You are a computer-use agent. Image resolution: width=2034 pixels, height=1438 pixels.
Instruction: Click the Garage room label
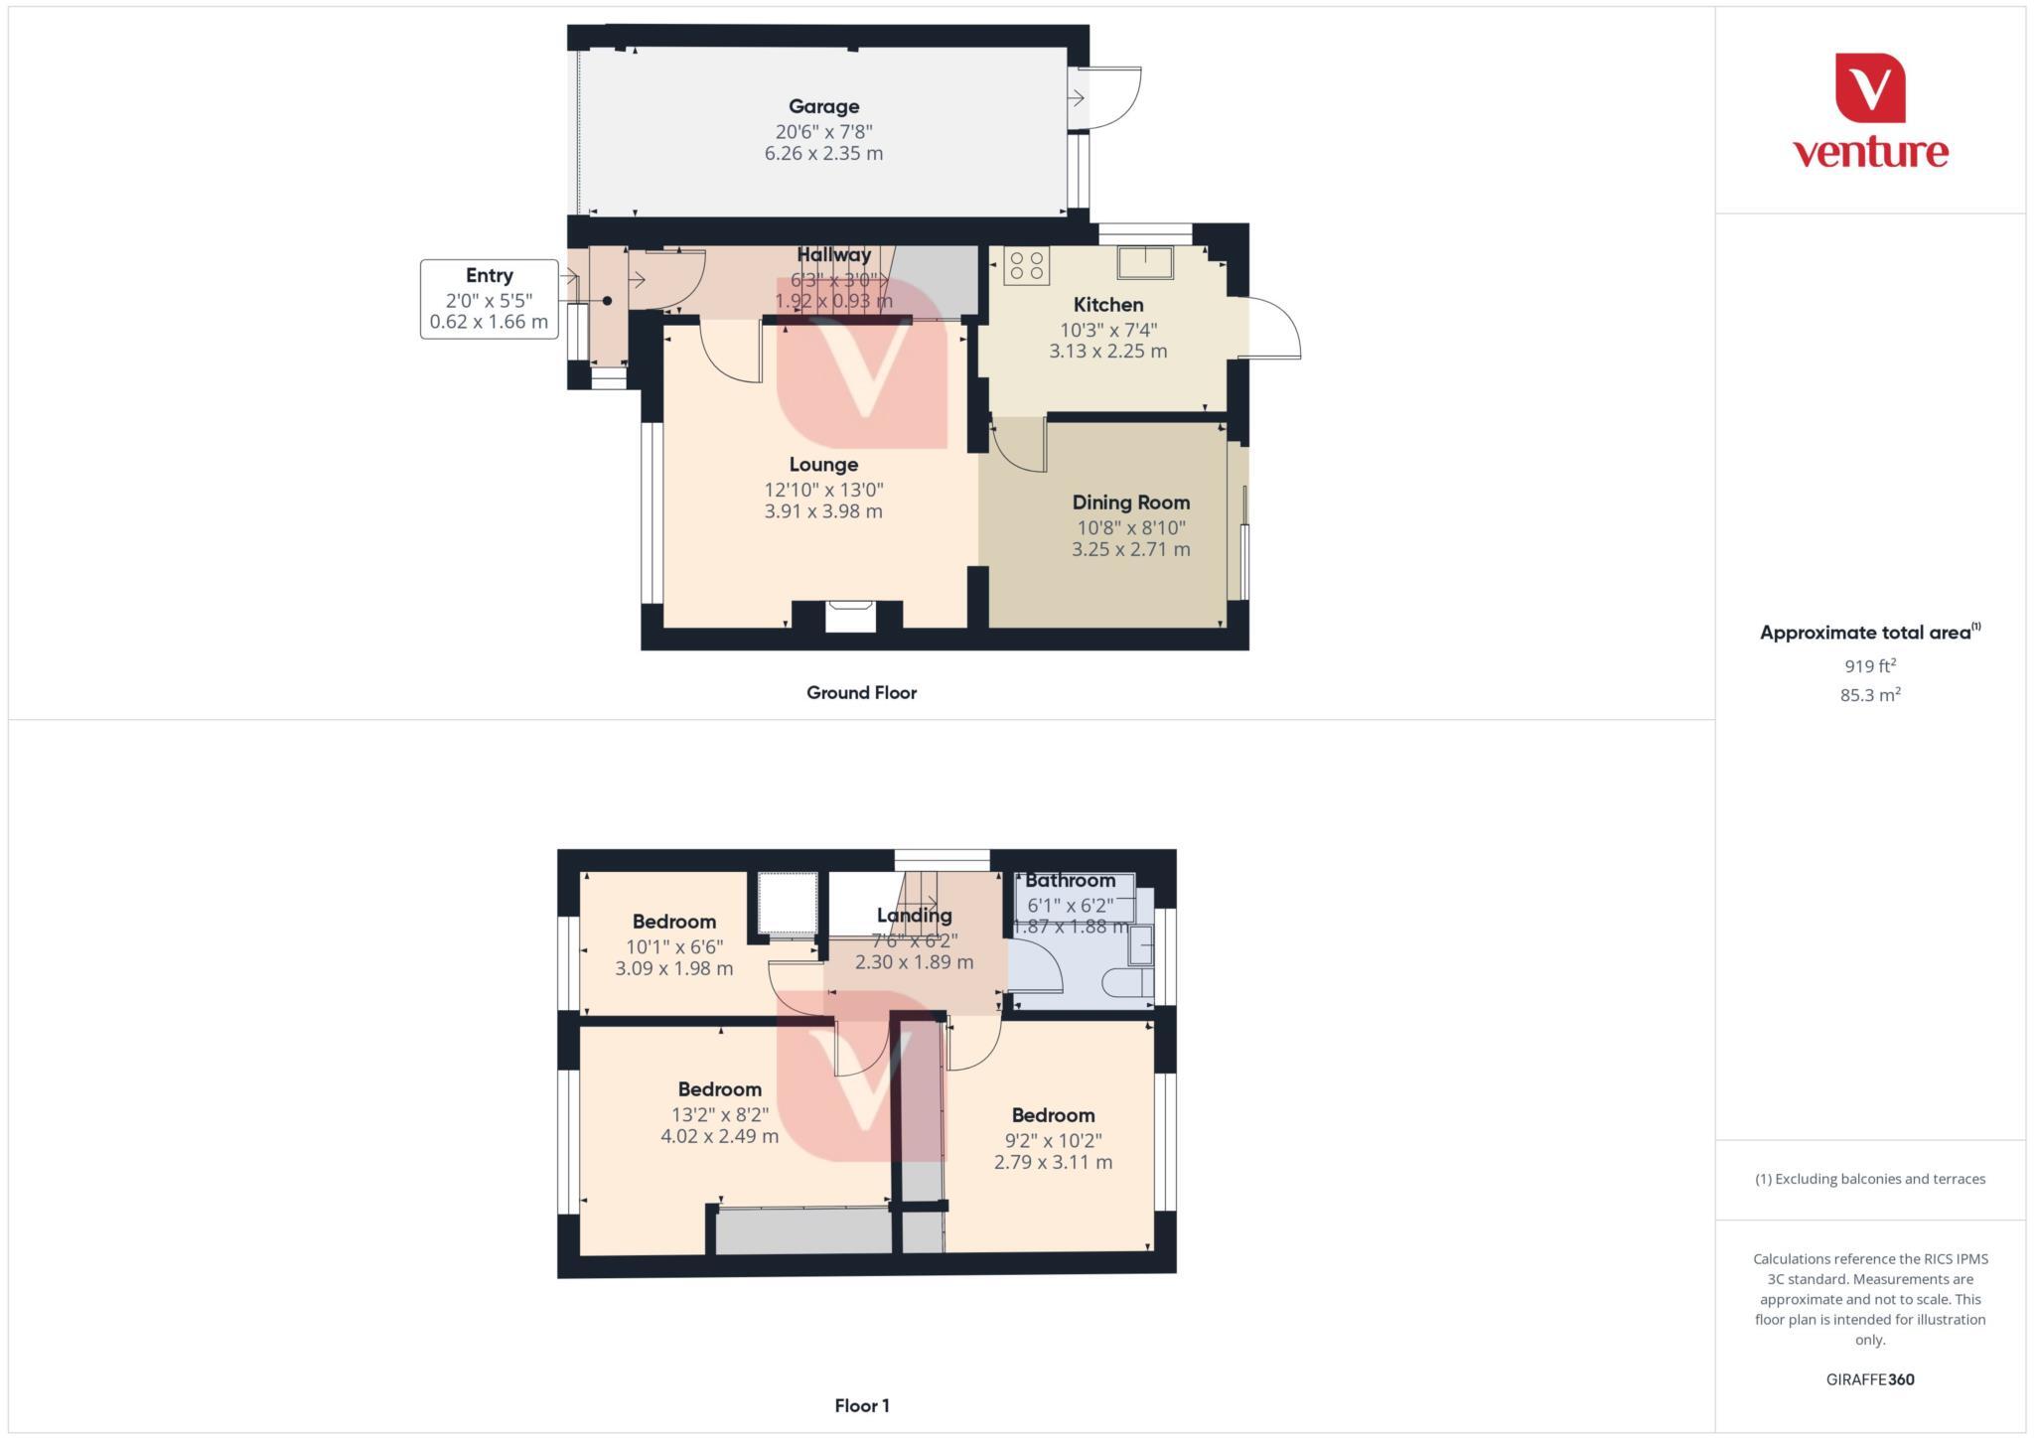point(823,106)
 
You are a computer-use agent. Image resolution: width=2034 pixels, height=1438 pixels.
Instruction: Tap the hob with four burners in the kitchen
point(1026,266)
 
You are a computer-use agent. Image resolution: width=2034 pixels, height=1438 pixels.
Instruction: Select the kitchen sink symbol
point(1144,262)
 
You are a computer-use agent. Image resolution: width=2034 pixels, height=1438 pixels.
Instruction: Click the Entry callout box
point(489,298)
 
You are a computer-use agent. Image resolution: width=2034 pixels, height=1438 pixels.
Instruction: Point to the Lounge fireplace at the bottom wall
point(850,616)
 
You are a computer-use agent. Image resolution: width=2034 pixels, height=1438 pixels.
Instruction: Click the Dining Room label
point(1130,503)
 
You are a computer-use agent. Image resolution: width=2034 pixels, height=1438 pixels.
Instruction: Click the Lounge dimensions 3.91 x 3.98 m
point(823,511)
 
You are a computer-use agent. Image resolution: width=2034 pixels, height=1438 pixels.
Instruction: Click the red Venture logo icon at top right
point(1870,88)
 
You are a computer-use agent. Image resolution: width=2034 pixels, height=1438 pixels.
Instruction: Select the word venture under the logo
point(1870,153)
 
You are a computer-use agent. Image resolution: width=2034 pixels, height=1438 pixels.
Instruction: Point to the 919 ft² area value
point(1870,666)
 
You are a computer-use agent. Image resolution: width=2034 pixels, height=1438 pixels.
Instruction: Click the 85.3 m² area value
point(1870,695)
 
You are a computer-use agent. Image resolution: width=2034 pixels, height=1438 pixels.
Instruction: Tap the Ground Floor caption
point(861,693)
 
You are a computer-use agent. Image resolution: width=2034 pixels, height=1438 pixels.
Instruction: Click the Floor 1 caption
point(861,1405)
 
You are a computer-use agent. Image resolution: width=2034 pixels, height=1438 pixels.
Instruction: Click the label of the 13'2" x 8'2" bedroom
point(719,1089)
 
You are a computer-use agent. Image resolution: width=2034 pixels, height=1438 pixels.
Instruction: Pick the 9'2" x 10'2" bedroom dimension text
point(1053,1141)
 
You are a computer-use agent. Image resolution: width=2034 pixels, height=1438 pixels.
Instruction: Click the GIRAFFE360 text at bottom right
point(1870,1379)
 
